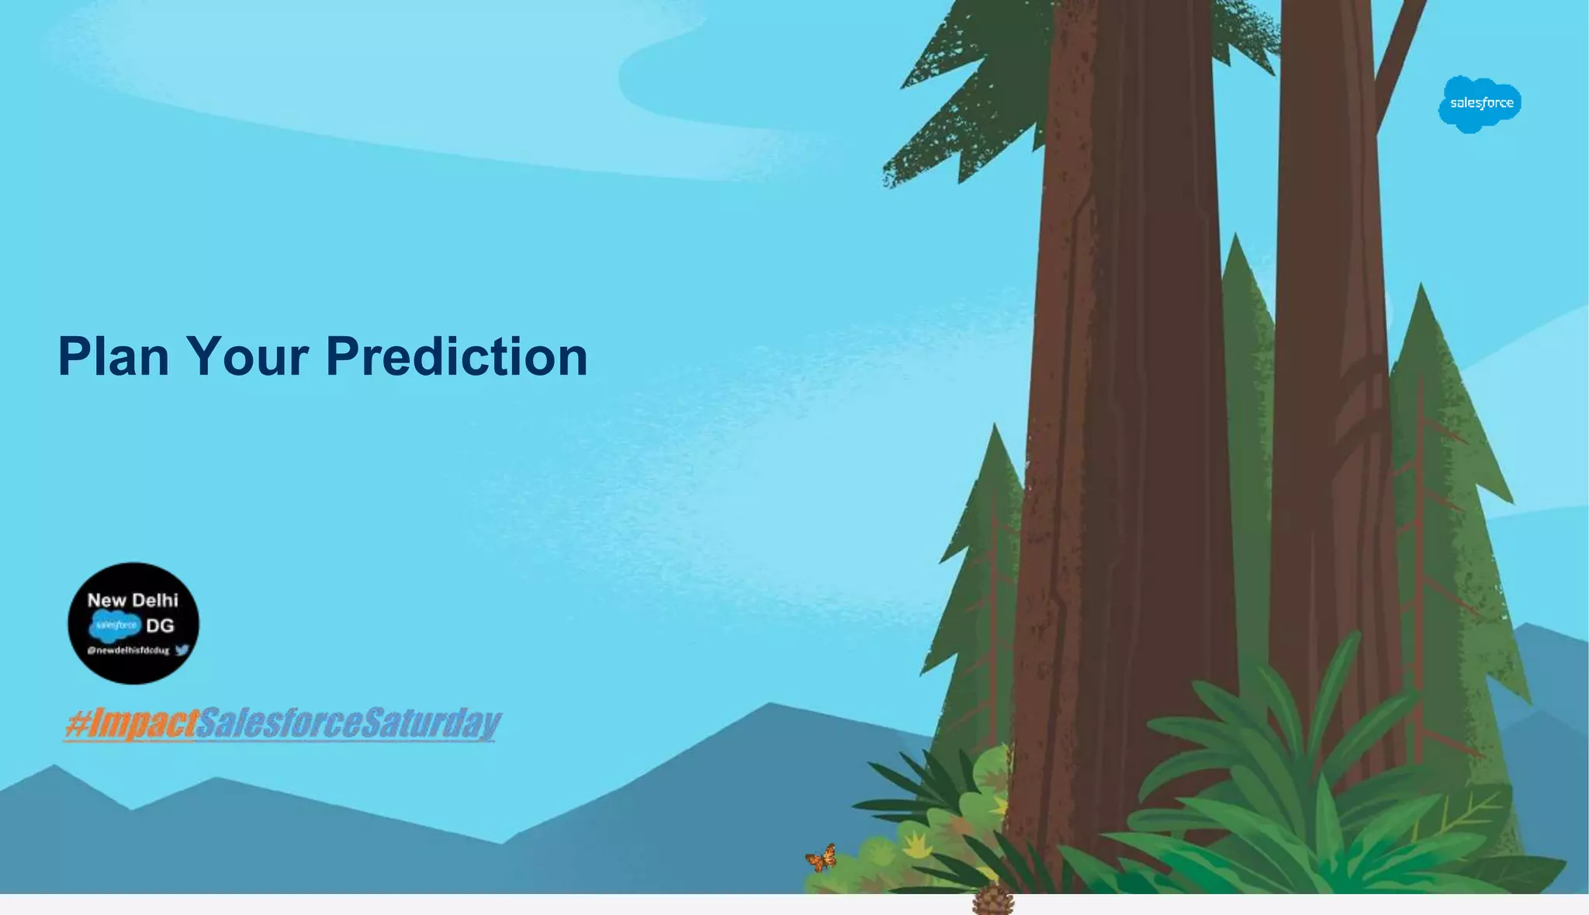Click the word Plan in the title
point(113,357)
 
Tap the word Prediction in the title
point(456,357)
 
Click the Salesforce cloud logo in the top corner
point(1480,103)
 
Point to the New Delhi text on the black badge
point(133,600)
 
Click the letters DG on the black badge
point(160,626)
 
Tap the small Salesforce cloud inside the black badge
point(116,625)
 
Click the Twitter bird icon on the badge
point(182,650)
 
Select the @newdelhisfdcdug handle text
point(128,650)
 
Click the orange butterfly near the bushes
point(822,858)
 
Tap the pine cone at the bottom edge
point(993,900)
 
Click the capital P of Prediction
point(341,357)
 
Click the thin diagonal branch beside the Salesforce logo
point(1400,54)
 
